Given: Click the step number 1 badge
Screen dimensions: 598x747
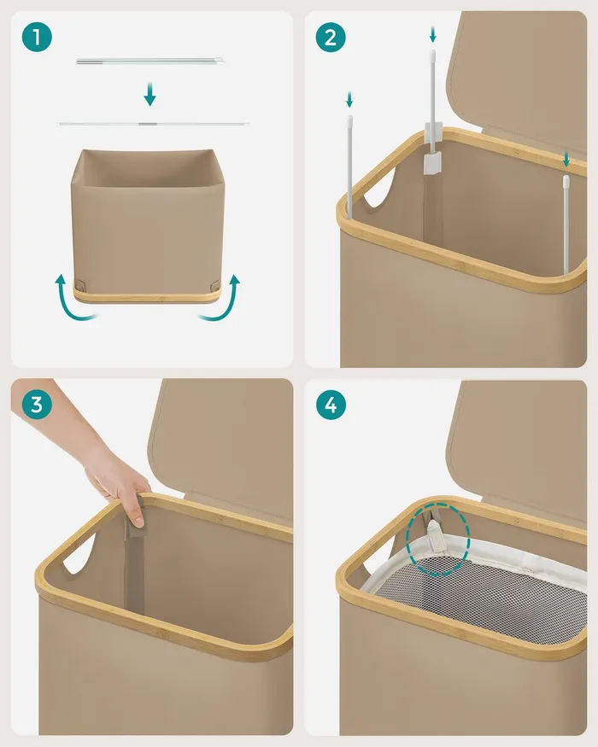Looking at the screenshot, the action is pyautogui.click(x=37, y=37).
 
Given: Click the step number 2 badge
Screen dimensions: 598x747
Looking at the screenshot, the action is pyautogui.click(x=331, y=37).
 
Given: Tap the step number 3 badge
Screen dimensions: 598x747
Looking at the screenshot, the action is pyautogui.click(x=37, y=405).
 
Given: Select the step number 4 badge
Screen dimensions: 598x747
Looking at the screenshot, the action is pyautogui.click(x=331, y=405).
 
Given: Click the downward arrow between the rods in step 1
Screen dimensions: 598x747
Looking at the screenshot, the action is pyautogui.click(x=149, y=94).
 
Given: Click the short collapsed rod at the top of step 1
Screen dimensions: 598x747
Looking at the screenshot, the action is pyautogui.click(x=150, y=61).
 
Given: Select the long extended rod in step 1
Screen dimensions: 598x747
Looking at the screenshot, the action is pyautogui.click(x=153, y=124).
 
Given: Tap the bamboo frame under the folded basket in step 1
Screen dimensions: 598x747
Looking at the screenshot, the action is pyautogui.click(x=147, y=297).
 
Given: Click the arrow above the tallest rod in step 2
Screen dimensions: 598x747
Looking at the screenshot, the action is pyautogui.click(x=432, y=34).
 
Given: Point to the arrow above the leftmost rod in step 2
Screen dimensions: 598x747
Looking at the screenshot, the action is pyautogui.click(x=349, y=100).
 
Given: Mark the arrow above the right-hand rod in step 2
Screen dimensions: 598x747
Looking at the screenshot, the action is pyautogui.click(x=566, y=159).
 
